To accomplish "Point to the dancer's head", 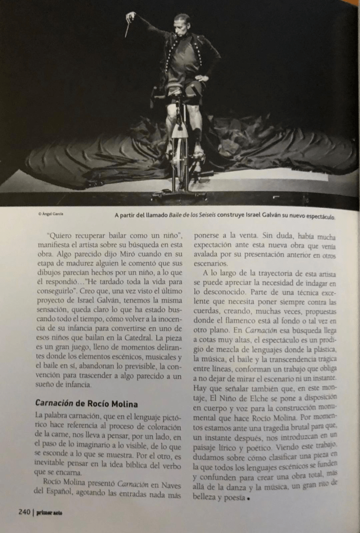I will [182, 23].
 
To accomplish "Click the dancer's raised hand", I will [130, 16].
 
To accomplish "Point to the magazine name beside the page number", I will [49, 512].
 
